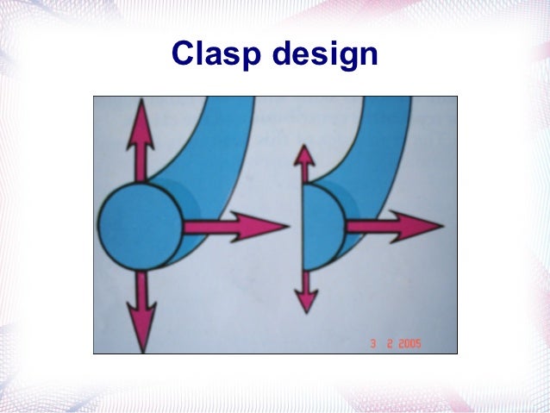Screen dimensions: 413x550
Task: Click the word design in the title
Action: [x=325, y=55]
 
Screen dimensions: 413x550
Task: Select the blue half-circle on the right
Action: [x=322, y=227]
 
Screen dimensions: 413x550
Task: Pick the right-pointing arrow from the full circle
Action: [x=233, y=227]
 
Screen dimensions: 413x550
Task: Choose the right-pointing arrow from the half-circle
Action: [x=392, y=226]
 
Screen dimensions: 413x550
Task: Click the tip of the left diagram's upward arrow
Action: [x=140, y=103]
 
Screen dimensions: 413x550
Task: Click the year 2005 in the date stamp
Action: [x=405, y=343]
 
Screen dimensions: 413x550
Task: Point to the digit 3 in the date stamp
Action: [x=373, y=343]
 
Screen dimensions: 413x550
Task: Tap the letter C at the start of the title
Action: [x=182, y=55]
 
